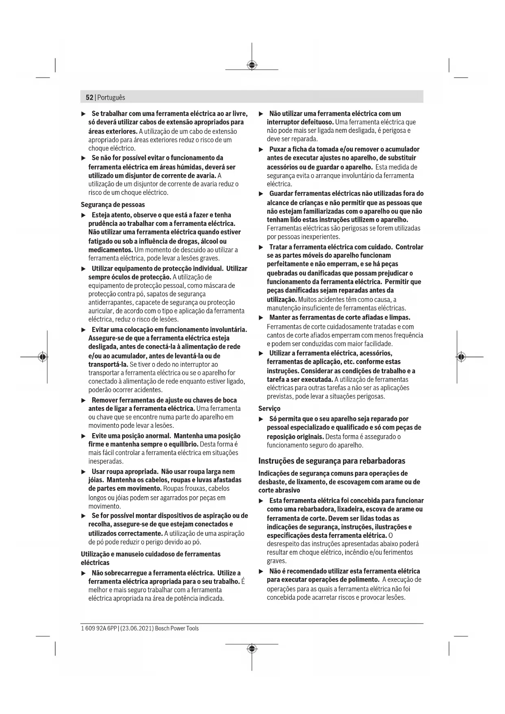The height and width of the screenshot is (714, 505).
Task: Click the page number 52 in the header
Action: (89, 98)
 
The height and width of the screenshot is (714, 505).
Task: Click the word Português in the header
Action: (111, 98)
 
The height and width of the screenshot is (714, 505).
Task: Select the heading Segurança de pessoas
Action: (113, 205)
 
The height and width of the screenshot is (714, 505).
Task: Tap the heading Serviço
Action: (269, 408)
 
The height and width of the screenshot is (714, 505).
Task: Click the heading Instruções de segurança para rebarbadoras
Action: (332, 461)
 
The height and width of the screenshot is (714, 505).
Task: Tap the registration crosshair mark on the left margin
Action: (43, 357)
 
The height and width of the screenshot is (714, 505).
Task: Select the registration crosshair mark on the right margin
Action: (461, 357)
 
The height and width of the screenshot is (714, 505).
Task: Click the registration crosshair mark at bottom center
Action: (252, 648)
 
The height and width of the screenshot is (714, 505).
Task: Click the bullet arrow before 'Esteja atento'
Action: (83, 215)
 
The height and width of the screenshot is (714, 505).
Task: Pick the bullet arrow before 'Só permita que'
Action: (261, 419)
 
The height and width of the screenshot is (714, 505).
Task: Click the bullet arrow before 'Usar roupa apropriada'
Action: (83, 472)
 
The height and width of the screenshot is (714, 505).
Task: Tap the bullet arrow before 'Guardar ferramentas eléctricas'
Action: (261, 194)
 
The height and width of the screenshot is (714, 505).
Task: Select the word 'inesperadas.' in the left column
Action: (106, 461)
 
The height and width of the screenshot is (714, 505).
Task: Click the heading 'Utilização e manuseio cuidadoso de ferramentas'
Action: (151, 554)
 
